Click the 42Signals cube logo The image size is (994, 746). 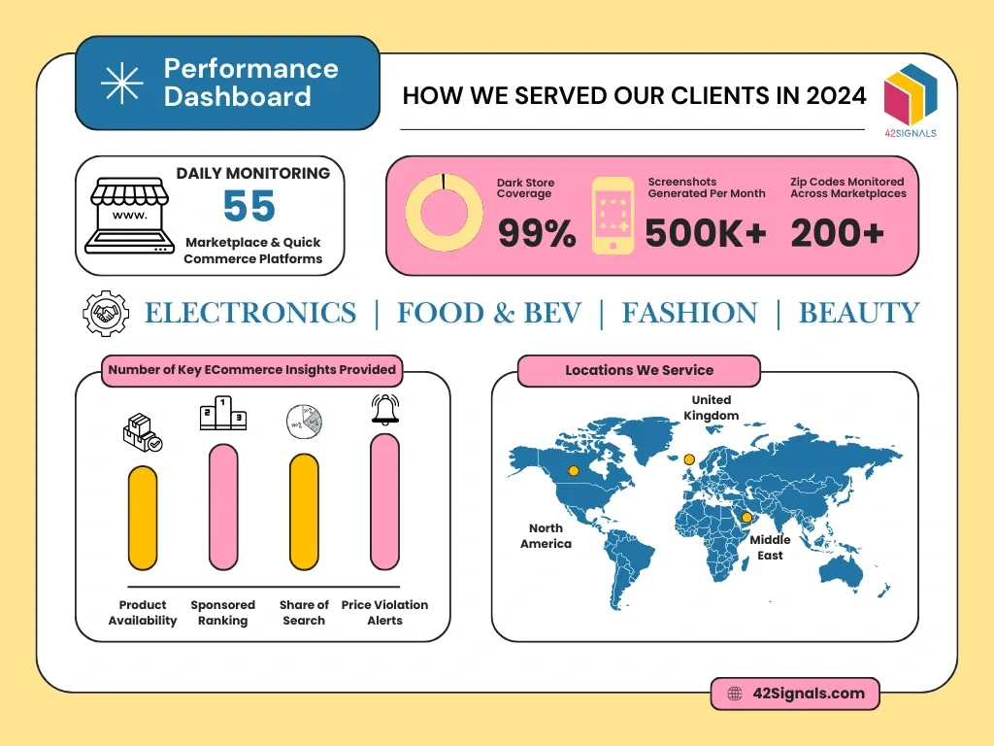[x=911, y=94]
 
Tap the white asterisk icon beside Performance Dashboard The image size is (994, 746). [x=122, y=83]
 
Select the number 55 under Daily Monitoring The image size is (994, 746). [x=249, y=207]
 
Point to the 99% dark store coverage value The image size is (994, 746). [x=537, y=233]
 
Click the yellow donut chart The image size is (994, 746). [x=444, y=213]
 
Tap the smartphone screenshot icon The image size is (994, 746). [x=613, y=216]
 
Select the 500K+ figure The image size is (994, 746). [x=706, y=233]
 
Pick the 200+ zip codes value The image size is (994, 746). [x=837, y=233]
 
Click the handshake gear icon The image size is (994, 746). [x=106, y=313]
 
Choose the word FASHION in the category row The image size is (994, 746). [x=689, y=313]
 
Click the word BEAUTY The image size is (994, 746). [x=858, y=313]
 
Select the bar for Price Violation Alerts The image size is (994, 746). [x=384, y=501]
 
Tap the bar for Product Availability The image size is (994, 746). [x=143, y=518]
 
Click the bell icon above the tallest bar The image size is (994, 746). [x=384, y=409]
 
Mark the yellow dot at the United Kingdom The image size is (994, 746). [x=689, y=459]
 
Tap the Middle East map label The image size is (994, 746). [x=770, y=547]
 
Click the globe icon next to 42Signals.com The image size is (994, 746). [x=735, y=694]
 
